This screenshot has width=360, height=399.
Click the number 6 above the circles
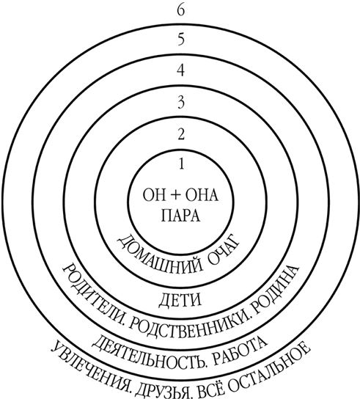click(x=180, y=11)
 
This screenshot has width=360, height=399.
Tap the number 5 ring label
click(x=180, y=40)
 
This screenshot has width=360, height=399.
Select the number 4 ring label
click(x=180, y=70)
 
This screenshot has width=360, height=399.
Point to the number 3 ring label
click(x=180, y=103)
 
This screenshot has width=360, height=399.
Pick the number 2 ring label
click(x=180, y=133)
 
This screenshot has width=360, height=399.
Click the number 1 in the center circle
click(x=181, y=164)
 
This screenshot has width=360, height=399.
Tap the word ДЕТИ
click(x=180, y=300)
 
